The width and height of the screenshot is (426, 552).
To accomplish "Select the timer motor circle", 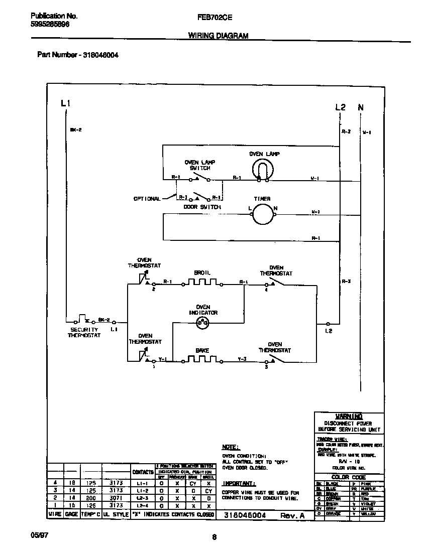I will coord(261,215).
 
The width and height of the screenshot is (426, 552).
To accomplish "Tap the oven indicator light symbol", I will coord(203,324).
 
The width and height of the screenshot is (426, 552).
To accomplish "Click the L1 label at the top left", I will coord(65,104).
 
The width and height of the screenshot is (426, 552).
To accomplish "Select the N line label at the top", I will coord(360,107).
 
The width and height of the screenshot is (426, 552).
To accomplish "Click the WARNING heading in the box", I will coord(349,417).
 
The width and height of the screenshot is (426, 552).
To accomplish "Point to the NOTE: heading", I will coord(231,447).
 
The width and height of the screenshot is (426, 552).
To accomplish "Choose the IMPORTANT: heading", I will coord(239,484).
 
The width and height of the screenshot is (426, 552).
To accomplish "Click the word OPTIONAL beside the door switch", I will coord(147,199).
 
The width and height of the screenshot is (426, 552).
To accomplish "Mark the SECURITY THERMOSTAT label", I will coord(84,332).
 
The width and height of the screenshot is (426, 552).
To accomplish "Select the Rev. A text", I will coord(292,515).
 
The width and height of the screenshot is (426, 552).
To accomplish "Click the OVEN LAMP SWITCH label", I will coord(199,165).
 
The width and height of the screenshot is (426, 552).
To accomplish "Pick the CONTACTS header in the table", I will coord(142,472).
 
